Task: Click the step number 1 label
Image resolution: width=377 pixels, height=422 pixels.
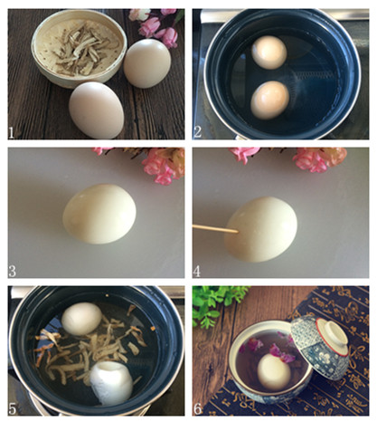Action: tap(12, 132)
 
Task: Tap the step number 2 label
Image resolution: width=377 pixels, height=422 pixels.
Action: tap(197, 132)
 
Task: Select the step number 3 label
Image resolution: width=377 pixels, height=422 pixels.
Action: tap(12, 271)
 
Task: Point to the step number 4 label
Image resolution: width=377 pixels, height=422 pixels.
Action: tap(197, 271)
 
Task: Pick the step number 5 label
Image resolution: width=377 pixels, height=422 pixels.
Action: tap(12, 408)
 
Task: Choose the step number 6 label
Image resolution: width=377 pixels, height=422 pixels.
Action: tap(197, 408)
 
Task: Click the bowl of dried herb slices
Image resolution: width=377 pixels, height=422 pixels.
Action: tap(79, 48)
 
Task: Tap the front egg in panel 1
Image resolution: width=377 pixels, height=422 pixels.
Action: tap(96, 110)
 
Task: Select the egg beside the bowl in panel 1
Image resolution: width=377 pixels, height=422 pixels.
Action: tap(147, 63)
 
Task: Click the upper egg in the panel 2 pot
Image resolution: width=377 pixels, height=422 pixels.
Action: tap(269, 53)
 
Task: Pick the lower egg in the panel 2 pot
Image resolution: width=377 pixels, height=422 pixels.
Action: tap(269, 100)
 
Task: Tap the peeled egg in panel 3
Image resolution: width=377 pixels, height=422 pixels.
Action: tap(99, 214)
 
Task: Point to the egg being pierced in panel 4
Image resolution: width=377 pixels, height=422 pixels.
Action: tap(261, 229)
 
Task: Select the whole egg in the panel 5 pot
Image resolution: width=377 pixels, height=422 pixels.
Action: tap(81, 319)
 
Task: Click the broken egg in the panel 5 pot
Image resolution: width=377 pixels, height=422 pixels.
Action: tap(111, 383)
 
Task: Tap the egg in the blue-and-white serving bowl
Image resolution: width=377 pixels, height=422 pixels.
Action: tap(274, 371)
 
